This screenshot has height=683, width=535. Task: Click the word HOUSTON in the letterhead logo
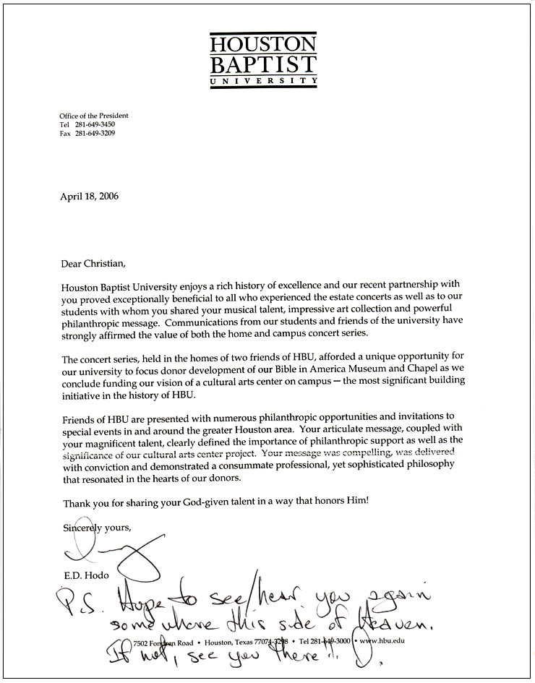tap(263, 44)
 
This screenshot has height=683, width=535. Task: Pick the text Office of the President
tap(94, 116)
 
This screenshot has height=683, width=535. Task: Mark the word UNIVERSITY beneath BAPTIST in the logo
tap(263, 82)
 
